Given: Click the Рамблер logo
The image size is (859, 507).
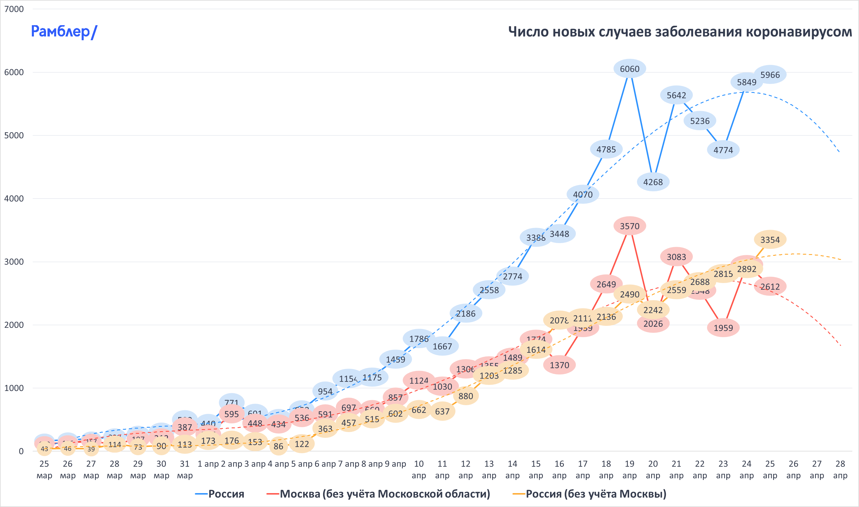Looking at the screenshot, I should [x=64, y=32].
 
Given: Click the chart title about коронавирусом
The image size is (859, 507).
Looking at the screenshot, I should [x=679, y=32].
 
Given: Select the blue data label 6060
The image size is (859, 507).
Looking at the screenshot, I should [x=629, y=69].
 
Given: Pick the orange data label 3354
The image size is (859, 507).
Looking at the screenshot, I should [x=770, y=240].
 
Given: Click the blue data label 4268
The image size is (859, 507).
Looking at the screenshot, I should [x=653, y=182].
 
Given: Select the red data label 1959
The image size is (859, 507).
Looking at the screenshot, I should [x=723, y=328].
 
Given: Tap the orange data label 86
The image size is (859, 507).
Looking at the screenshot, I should [x=278, y=446].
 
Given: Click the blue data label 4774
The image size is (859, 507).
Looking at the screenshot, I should [x=723, y=150].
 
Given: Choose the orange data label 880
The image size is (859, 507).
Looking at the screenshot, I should [x=466, y=396].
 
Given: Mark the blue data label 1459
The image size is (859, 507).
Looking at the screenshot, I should [x=395, y=359].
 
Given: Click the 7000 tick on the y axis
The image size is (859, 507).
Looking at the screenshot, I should [x=14, y=9].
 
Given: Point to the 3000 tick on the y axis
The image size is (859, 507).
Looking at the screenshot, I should [x=14, y=262].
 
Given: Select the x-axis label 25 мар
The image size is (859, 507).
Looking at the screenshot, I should [x=44, y=469].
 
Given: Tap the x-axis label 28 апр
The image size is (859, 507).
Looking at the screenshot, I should [x=840, y=469].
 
